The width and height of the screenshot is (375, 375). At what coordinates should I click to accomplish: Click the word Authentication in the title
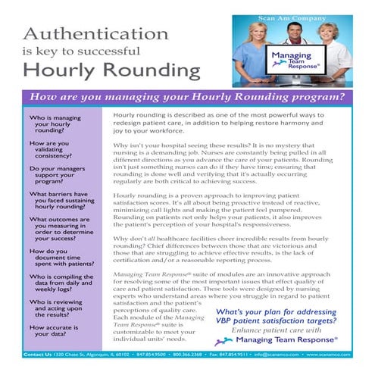(x=90, y=34)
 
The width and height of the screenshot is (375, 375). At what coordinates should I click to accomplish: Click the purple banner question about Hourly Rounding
(x=187, y=98)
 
